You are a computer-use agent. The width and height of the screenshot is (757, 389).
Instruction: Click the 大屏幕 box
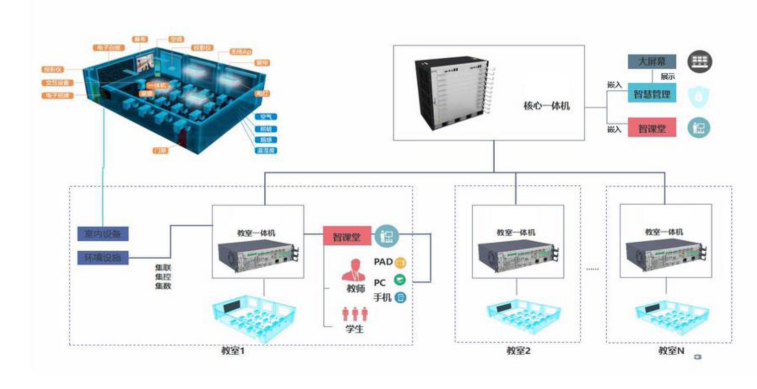point(651,62)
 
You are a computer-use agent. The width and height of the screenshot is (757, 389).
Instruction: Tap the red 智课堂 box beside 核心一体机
point(651,128)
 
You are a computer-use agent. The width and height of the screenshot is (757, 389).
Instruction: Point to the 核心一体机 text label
point(546,106)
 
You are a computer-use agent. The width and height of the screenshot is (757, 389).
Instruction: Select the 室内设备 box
point(103,234)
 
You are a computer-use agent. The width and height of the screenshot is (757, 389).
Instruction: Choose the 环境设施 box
point(103,258)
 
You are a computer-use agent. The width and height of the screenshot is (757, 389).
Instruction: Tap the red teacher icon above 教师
point(353,270)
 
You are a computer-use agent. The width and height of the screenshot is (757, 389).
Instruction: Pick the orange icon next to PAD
point(400,262)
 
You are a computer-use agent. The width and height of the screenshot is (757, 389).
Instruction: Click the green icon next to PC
point(399,280)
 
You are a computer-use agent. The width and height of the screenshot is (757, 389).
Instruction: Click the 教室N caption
point(671,350)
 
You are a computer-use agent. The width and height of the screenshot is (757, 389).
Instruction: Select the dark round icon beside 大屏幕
point(701,62)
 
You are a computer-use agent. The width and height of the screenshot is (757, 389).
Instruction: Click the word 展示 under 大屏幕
point(667,77)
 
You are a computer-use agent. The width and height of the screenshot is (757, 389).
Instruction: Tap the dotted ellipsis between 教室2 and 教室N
point(592,269)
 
